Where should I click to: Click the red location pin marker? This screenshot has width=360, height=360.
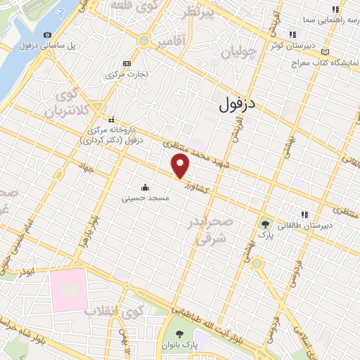tap(181, 166)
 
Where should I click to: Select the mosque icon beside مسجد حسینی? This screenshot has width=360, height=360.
tap(145, 187)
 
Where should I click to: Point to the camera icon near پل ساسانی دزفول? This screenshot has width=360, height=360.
tap(47, 34)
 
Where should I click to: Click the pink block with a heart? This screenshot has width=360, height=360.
tap(68, 288)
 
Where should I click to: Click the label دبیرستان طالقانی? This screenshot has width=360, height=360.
tap(307, 225)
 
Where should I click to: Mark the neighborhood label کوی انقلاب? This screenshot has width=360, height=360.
tap(115, 310)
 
